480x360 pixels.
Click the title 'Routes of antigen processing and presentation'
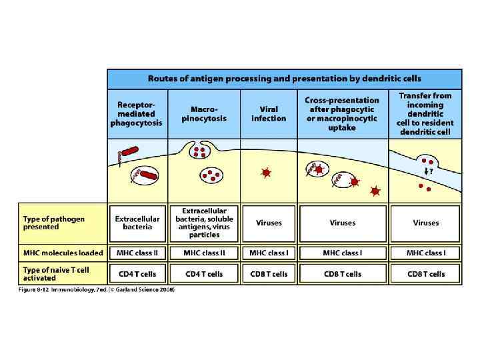285,78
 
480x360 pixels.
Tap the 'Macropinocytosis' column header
204,114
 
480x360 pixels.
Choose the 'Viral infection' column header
269,114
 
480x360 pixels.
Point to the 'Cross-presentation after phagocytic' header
342,114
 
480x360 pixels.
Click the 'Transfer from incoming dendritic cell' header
425,114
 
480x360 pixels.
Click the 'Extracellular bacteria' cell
137,223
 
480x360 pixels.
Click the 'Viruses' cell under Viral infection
269,223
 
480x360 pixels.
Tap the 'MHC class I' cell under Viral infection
269,253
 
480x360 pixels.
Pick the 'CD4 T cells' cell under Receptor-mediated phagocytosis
137,273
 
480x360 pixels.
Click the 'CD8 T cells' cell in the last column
426,273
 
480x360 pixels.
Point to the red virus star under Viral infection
267,173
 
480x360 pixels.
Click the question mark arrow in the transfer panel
428,172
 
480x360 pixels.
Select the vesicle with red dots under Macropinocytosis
211,176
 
